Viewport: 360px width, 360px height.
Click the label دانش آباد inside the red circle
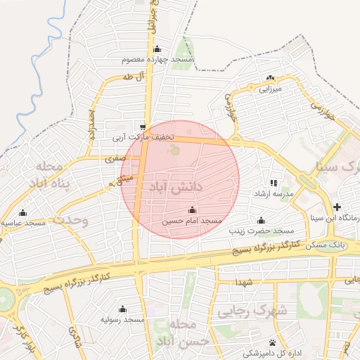(x=176, y=188)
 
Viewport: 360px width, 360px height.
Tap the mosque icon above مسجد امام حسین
(x=192, y=210)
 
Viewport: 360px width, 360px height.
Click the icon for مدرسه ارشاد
(x=274, y=183)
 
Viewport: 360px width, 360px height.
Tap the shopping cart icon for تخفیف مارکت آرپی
(x=143, y=127)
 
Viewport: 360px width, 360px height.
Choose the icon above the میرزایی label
(x=270, y=78)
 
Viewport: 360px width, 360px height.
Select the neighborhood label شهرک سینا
(x=338, y=167)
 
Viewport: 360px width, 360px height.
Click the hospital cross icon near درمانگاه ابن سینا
(x=338, y=207)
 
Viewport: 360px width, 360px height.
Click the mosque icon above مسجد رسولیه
(x=123, y=309)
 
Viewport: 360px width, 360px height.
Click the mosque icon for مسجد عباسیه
(x=22, y=212)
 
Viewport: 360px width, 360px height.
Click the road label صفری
(x=114, y=160)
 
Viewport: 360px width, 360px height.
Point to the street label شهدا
(x=244, y=281)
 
